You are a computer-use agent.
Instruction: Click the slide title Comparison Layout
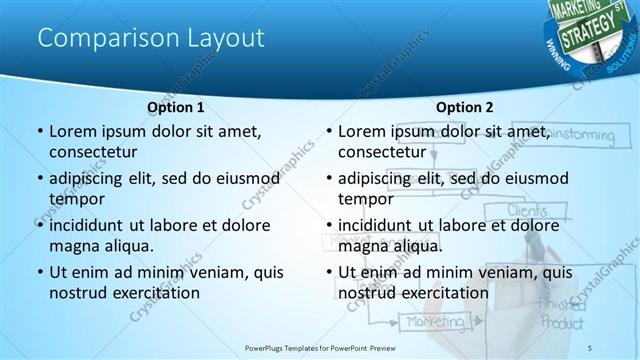click(x=150, y=38)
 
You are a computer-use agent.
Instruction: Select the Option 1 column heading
click(x=176, y=106)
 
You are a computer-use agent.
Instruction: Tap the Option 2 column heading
click(x=465, y=106)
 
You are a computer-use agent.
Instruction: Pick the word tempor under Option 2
click(x=360, y=198)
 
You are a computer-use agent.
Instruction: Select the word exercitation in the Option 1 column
click(x=161, y=293)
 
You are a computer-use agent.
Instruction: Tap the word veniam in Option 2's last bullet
click(x=497, y=272)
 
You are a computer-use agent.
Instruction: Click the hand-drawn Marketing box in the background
click(x=433, y=322)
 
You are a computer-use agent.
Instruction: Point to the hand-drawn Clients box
click(x=527, y=210)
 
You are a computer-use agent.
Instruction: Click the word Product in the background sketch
click(x=563, y=322)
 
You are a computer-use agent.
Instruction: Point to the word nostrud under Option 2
click(x=366, y=293)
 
